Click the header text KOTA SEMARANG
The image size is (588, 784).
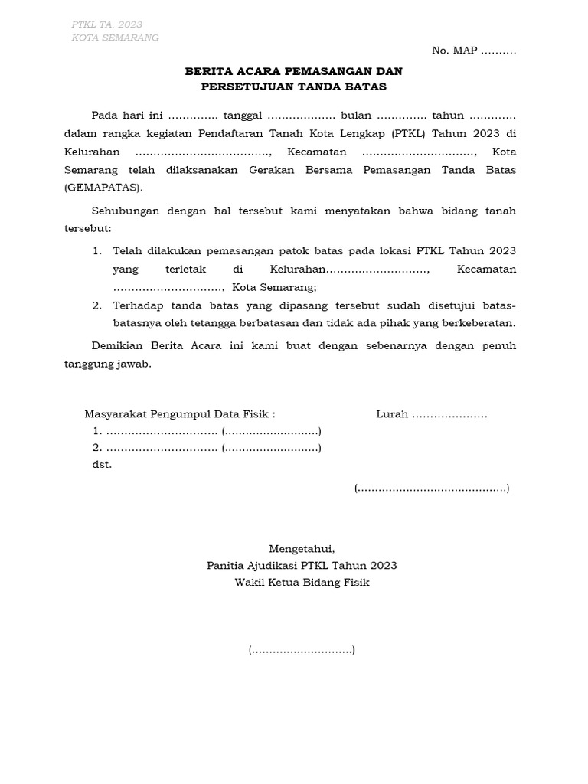pyautogui.click(x=116, y=38)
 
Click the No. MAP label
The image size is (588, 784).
pyautogui.click(x=455, y=51)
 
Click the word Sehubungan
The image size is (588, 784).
pyautogui.click(x=123, y=211)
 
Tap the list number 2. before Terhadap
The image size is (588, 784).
pyautogui.click(x=97, y=305)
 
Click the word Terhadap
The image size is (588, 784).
pyautogui.click(x=139, y=305)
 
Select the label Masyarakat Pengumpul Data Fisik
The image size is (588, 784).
pyautogui.click(x=178, y=414)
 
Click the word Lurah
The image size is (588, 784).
pyautogui.click(x=391, y=414)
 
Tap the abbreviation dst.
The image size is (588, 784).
pyautogui.click(x=102, y=465)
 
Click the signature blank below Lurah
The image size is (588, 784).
pyautogui.click(x=432, y=488)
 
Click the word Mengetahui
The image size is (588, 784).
pyautogui.click(x=302, y=549)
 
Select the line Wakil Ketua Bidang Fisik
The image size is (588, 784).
pyautogui.click(x=302, y=583)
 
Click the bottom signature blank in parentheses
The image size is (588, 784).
pyautogui.click(x=302, y=651)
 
